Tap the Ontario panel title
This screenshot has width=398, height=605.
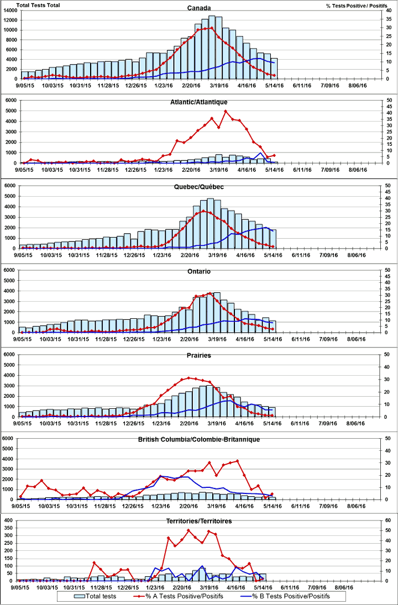[x=199, y=271]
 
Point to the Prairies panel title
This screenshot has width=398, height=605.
[x=199, y=355]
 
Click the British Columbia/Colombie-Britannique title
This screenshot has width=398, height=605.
[x=199, y=439]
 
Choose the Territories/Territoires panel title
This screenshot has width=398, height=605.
[x=199, y=521]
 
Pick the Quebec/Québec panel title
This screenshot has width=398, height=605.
[x=199, y=187]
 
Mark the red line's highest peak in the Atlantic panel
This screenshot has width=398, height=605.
[x=226, y=111]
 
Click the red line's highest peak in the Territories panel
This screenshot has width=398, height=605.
[x=188, y=530]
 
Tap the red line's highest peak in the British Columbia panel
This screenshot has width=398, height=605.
[x=238, y=460]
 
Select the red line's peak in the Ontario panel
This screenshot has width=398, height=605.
[x=210, y=293]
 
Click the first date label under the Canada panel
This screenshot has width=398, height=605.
[x=26, y=85]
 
